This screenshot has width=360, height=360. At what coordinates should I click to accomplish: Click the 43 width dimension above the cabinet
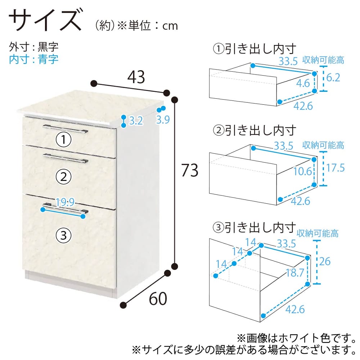click(x=136, y=77)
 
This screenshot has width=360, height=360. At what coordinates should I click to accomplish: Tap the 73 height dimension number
click(x=190, y=170)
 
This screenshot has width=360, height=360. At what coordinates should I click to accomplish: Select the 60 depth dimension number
click(x=158, y=299)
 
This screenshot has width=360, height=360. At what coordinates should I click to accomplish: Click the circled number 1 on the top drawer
click(x=64, y=140)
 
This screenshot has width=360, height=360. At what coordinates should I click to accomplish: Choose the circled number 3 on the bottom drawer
click(x=64, y=235)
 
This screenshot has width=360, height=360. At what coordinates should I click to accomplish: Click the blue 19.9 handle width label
click(x=65, y=202)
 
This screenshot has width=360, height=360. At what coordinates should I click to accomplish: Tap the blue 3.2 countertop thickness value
click(x=136, y=121)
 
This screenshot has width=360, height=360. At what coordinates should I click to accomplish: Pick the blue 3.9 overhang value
click(x=163, y=120)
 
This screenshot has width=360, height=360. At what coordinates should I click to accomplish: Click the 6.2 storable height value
click(x=333, y=78)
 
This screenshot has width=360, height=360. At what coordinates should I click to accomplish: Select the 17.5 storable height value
click(x=336, y=168)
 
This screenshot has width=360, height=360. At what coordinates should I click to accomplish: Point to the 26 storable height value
click(x=325, y=261)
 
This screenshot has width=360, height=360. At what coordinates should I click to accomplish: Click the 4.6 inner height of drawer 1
click(x=303, y=83)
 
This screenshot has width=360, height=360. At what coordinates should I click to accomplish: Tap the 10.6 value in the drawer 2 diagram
click(x=303, y=171)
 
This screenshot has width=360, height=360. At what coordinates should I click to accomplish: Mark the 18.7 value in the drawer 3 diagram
click(x=295, y=273)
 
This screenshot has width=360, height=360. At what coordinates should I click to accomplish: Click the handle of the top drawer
click(x=66, y=129)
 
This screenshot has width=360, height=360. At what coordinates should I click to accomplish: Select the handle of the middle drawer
click(x=66, y=158)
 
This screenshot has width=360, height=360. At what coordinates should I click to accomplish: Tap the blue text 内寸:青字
click(x=33, y=59)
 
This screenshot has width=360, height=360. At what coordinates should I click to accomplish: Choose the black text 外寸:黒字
click(x=33, y=47)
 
